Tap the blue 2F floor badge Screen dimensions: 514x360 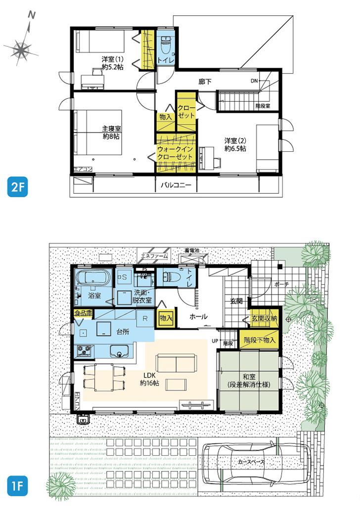click(17, 187)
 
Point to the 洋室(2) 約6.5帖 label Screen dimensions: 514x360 click(234, 144)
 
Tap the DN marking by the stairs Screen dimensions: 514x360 click(254, 81)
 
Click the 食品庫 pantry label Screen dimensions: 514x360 click(83, 313)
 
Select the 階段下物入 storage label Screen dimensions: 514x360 click(260, 340)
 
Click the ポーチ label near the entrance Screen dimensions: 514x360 click(279, 284)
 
